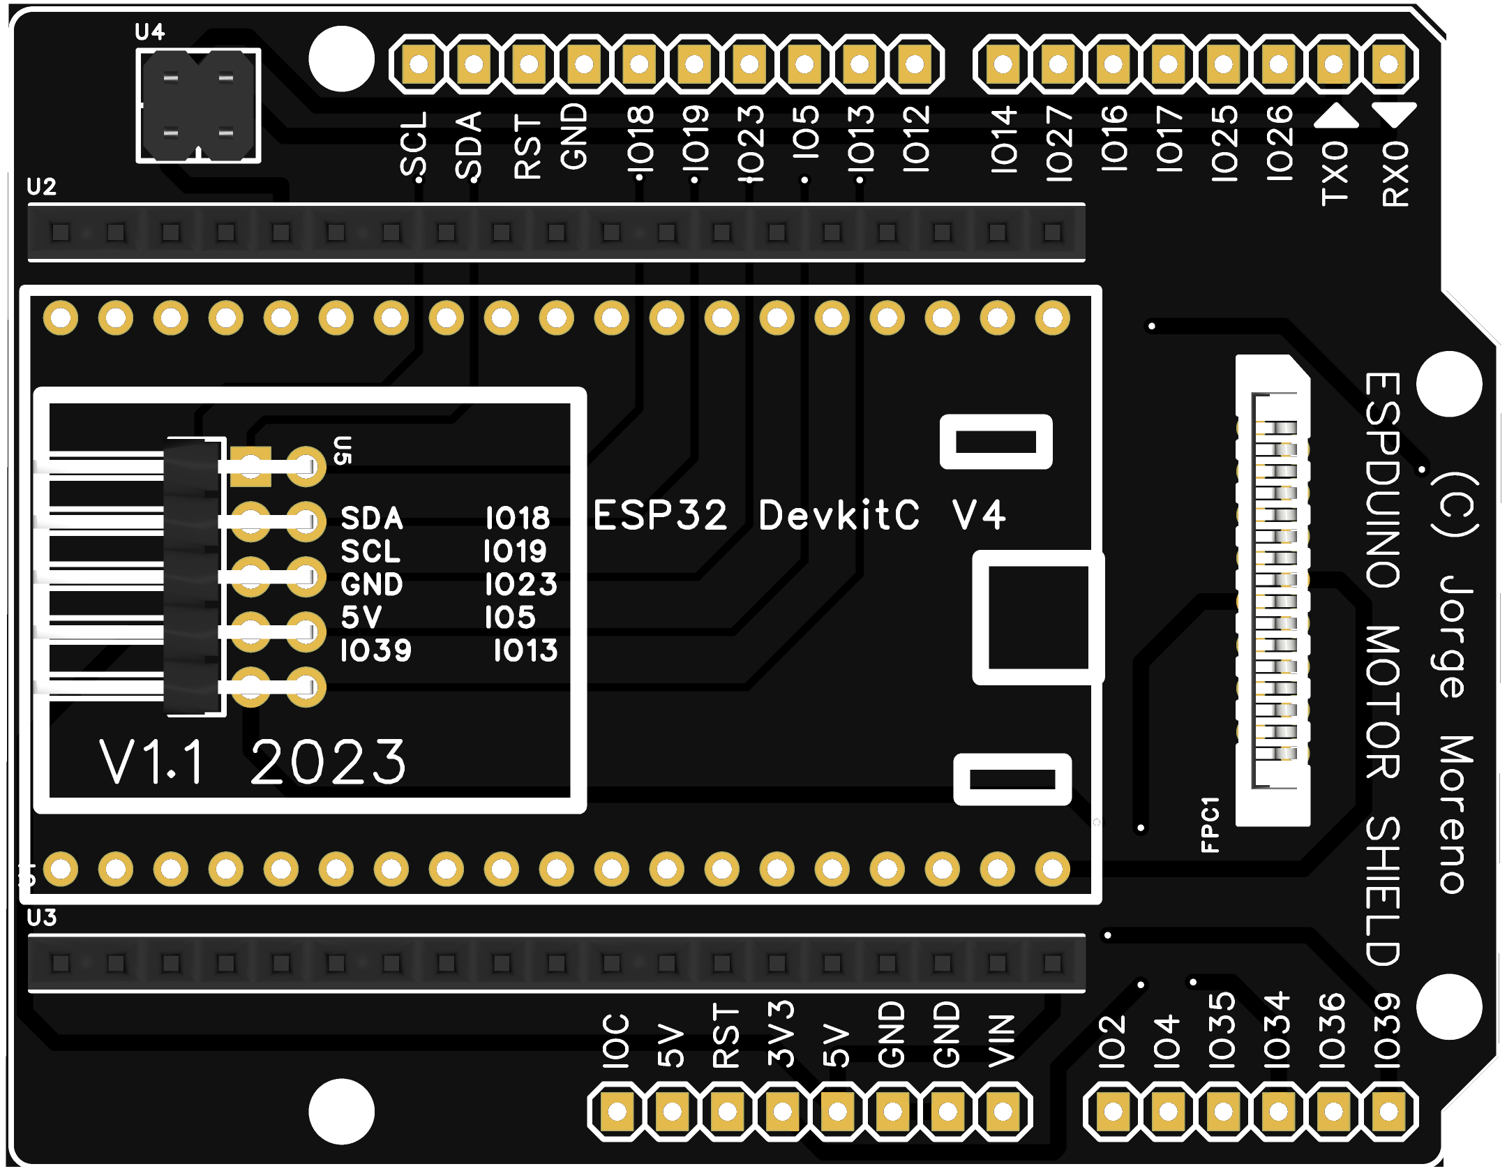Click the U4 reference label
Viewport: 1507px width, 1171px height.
point(149,32)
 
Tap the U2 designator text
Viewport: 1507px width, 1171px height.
point(41,187)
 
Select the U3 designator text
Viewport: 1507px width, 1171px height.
point(41,918)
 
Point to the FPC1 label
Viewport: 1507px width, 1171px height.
point(1210,825)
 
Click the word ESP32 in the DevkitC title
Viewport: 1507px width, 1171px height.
point(660,516)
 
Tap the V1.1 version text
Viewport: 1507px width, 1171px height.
point(152,762)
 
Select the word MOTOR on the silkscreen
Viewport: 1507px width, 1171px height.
point(1383,701)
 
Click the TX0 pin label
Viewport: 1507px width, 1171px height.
point(1335,174)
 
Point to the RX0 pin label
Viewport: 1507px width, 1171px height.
point(1395,174)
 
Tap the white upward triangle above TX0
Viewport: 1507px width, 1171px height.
point(1335,116)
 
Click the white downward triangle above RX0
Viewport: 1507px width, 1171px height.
point(1393,114)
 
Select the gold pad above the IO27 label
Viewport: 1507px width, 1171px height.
point(1058,64)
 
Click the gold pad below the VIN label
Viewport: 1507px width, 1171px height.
point(1003,1112)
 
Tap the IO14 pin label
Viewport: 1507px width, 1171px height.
point(1004,139)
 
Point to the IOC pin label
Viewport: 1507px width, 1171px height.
point(616,1041)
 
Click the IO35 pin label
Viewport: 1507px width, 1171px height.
point(1222,1030)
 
